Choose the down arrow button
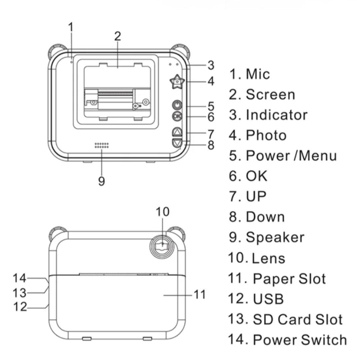(177, 143)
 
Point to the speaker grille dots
(102, 145)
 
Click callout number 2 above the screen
(117, 36)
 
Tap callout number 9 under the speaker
(102, 181)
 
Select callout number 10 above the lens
(163, 211)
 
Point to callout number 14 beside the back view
(19, 277)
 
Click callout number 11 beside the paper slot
(200, 294)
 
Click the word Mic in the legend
(258, 74)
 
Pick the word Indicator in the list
(276, 115)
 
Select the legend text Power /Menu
(291, 156)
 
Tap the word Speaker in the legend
(275, 237)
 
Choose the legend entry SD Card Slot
(298, 319)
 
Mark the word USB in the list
(268, 299)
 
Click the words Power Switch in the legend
(300, 340)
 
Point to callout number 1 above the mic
(71, 27)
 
